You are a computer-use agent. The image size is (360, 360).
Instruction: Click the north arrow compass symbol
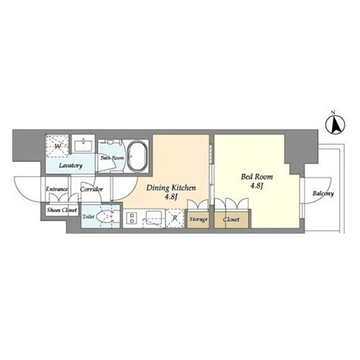pyautogui.click(x=336, y=125)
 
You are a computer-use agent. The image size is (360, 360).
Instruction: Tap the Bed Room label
pyautogui.click(x=257, y=177)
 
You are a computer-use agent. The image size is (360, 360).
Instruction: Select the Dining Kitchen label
pyautogui.click(x=171, y=188)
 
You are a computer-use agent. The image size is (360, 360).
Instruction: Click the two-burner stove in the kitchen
pyautogui.click(x=132, y=218)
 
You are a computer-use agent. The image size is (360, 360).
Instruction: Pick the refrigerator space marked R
pyautogui.click(x=175, y=218)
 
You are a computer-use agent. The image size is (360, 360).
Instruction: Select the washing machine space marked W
pyautogui.click(x=58, y=146)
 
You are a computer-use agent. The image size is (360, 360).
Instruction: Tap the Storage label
pyautogui.click(x=198, y=219)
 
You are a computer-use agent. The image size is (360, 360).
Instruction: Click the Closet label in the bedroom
pyautogui.click(x=231, y=220)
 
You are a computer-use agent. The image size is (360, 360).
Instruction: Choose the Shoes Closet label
pyautogui.click(x=62, y=210)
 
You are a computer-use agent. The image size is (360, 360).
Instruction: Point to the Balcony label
pyautogui.click(x=323, y=194)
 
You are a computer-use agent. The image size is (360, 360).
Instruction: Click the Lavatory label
pyautogui.click(x=71, y=166)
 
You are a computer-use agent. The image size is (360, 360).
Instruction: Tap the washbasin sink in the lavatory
pyautogui.click(x=84, y=145)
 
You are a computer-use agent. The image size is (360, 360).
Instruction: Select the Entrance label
pyautogui.click(x=57, y=189)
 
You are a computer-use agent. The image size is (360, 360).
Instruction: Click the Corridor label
pyautogui.click(x=91, y=189)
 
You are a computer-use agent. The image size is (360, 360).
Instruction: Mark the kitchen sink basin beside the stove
pyautogui.click(x=153, y=217)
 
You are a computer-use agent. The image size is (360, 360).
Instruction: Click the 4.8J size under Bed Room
pyautogui.click(x=256, y=186)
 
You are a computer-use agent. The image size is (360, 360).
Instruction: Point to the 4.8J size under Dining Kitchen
pyautogui.click(x=171, y=197)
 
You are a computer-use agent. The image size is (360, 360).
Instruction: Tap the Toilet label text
pyautogui.click(x=89, y=217)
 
